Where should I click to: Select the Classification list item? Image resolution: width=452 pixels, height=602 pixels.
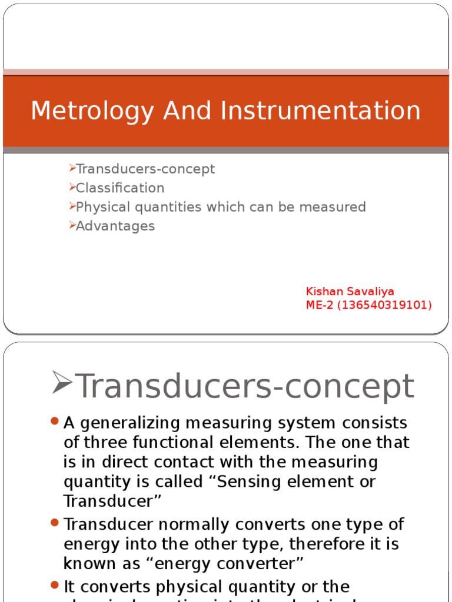(120, 188)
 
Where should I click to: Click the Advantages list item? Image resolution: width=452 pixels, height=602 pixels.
(115, 226)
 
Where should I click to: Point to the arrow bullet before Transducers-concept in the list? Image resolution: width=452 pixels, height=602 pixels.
(72, 169)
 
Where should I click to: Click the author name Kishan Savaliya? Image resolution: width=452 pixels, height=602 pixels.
(350, 292)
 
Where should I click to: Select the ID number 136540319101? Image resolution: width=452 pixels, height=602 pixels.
(389, 305)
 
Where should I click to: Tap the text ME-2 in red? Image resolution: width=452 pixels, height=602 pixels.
(321, 305)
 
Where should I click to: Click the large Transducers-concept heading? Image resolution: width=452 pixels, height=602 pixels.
(245, 386)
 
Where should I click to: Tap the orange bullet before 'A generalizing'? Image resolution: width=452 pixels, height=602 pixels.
(55, 422)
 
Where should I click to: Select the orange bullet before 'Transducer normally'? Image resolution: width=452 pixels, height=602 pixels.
(55, 522)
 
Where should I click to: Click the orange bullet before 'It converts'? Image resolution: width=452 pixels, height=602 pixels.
(55, 585)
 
